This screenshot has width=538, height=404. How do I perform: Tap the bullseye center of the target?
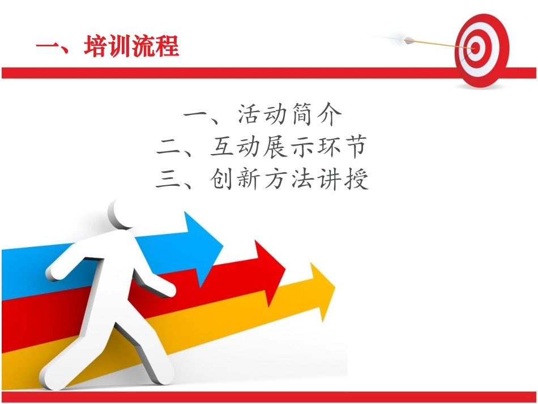click(475, 48)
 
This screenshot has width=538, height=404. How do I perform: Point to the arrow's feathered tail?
click(403, 39)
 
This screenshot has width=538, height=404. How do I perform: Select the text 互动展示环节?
click(289, 148)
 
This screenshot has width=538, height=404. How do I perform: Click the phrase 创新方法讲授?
click(289, 180)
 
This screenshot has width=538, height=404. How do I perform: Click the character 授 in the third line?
click(356, 180)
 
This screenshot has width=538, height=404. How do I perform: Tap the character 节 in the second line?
click(356, 148)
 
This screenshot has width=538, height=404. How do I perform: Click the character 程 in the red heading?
click(166, 46)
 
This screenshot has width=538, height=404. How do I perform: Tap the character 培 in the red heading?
click(95, 46)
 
